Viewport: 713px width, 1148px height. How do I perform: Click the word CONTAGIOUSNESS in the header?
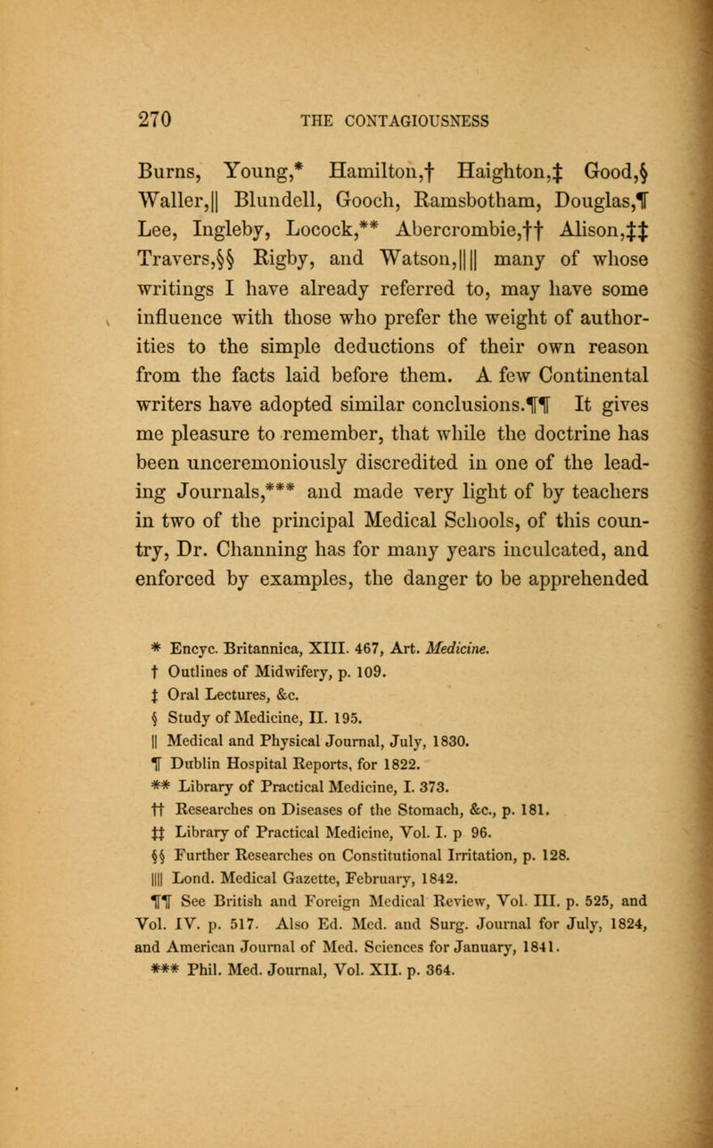pos(399,91)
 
